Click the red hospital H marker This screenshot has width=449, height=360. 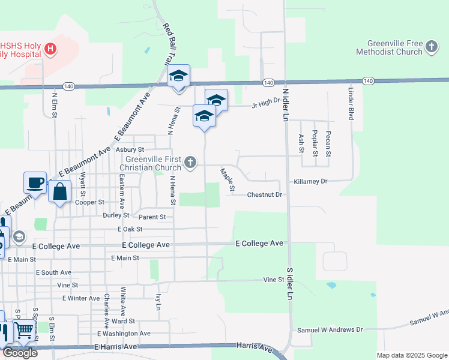[x=51, y=49]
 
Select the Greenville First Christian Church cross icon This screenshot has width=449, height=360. [x=190, y=162]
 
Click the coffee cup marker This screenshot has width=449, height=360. [x=35, y=182]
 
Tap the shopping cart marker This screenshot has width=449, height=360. [x=24, y=330]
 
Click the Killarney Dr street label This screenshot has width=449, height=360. [x=311, y=181]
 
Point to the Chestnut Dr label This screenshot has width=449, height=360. [x=265, y=195]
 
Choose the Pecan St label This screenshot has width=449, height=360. [x=328, y=144]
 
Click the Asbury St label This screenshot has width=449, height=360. [x=130, y=149]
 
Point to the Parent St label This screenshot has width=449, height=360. [x=152, y=217]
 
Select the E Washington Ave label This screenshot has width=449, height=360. [x=124, y=334]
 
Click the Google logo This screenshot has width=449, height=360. [x=20, y=353]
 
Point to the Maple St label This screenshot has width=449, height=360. [x=228, y=181]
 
